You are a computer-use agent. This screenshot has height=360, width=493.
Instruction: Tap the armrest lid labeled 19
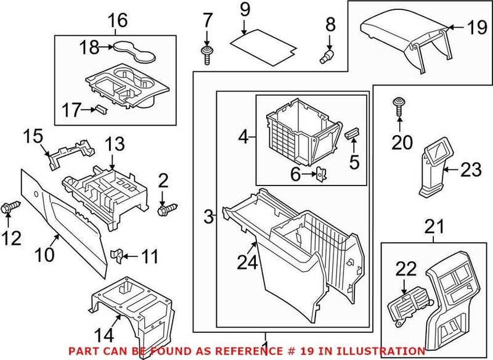(x=401, y=31)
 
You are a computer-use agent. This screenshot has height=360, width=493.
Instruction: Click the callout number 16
(x=118, y=20)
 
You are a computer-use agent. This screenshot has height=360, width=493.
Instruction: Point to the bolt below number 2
(x=165, y=211)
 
